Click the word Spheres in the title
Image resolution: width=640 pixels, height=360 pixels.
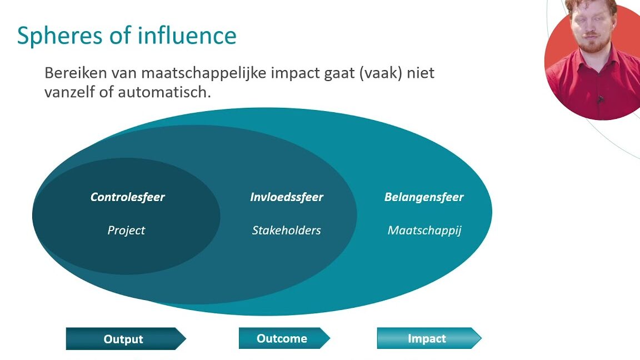[59, 36]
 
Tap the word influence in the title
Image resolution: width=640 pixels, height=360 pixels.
[187, 34]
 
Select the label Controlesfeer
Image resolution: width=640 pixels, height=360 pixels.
[127, 197]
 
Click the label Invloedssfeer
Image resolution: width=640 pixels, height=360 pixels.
[287, 197]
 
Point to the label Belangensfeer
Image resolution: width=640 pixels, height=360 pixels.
[424, 197]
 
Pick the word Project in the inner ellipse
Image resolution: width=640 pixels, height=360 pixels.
[126, 231]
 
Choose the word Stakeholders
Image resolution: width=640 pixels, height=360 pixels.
[287, 230]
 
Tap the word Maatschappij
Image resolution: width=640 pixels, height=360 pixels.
[424, 231]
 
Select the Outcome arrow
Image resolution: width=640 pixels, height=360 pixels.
[284, 338]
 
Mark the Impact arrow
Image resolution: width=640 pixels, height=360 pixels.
[429, 338]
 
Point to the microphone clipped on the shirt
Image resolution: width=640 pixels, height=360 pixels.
[601, 99]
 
